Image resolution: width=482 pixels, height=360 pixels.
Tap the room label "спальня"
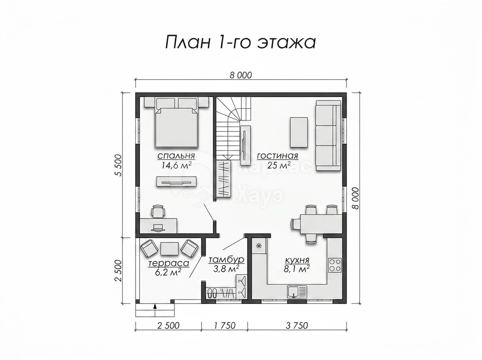pyautogui.click(x=176, y=156)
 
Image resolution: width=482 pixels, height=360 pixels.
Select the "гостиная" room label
pyautogui.click(x=278, y=156)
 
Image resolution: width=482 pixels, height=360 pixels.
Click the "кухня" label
pyautogui.click(x=297, y=260)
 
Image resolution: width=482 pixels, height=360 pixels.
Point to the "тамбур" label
pyautogui.click(x=226, y=260)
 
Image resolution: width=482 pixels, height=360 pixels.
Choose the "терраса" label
pyautogui.click(x=169, y=263)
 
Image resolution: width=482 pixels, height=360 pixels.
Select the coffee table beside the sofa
pyautogui.click(x=299, y=132)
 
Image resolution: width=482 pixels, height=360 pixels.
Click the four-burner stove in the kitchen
pyautogui.click(x=335, y=265)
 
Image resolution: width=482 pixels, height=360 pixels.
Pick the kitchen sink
pyautogui.click(x=297, y=292)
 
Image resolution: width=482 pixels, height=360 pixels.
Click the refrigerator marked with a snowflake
pyautogui.click(x=259, y=246)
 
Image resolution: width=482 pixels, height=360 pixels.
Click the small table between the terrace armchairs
pyautogui.click(x=170, y=249)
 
